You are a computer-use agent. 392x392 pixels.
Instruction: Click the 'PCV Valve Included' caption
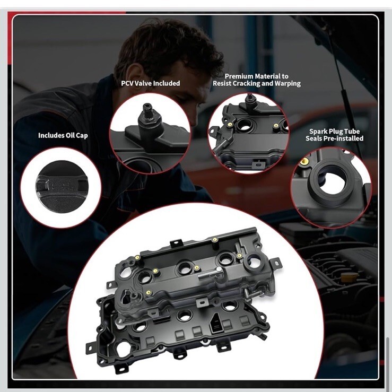click(x=151, y=83)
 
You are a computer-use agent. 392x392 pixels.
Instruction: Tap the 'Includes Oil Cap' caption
click(x=63, y=135)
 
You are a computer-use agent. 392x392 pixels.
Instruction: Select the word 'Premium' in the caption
click(x=237, y=76)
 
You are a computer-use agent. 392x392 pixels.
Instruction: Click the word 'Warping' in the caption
click(x=288, y=83)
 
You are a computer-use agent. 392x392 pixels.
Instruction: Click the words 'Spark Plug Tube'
click(x=335, y=131)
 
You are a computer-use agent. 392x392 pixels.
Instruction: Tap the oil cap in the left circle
click(x=62, y=187)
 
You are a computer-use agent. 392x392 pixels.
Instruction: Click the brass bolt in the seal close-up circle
click(x=303, y=161)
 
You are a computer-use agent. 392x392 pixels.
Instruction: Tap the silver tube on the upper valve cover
click(x=211, y=274)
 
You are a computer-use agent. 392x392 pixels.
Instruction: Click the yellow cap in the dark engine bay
click(x=350, y=277)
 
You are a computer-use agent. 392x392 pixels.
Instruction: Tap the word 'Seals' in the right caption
click(x=313, y=138)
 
